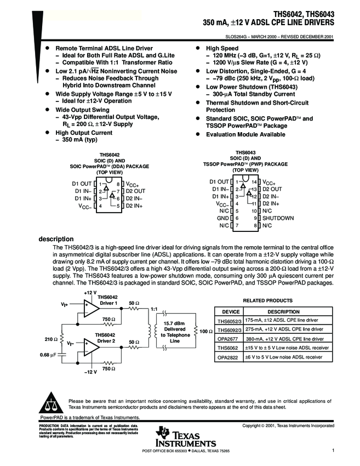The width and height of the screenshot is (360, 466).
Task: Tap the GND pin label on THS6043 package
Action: click(224, 218)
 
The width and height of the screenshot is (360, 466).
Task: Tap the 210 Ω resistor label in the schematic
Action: click(52, 339)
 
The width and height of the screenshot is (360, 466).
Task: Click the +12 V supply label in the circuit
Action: click(90, 293)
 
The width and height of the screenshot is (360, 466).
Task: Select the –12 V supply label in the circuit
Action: click(90, 372)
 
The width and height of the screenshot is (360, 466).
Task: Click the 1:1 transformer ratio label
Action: click(154, 309)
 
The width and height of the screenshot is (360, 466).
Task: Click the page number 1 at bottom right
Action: click(333, 450)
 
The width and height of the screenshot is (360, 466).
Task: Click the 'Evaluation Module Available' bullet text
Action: click(245, 134)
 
